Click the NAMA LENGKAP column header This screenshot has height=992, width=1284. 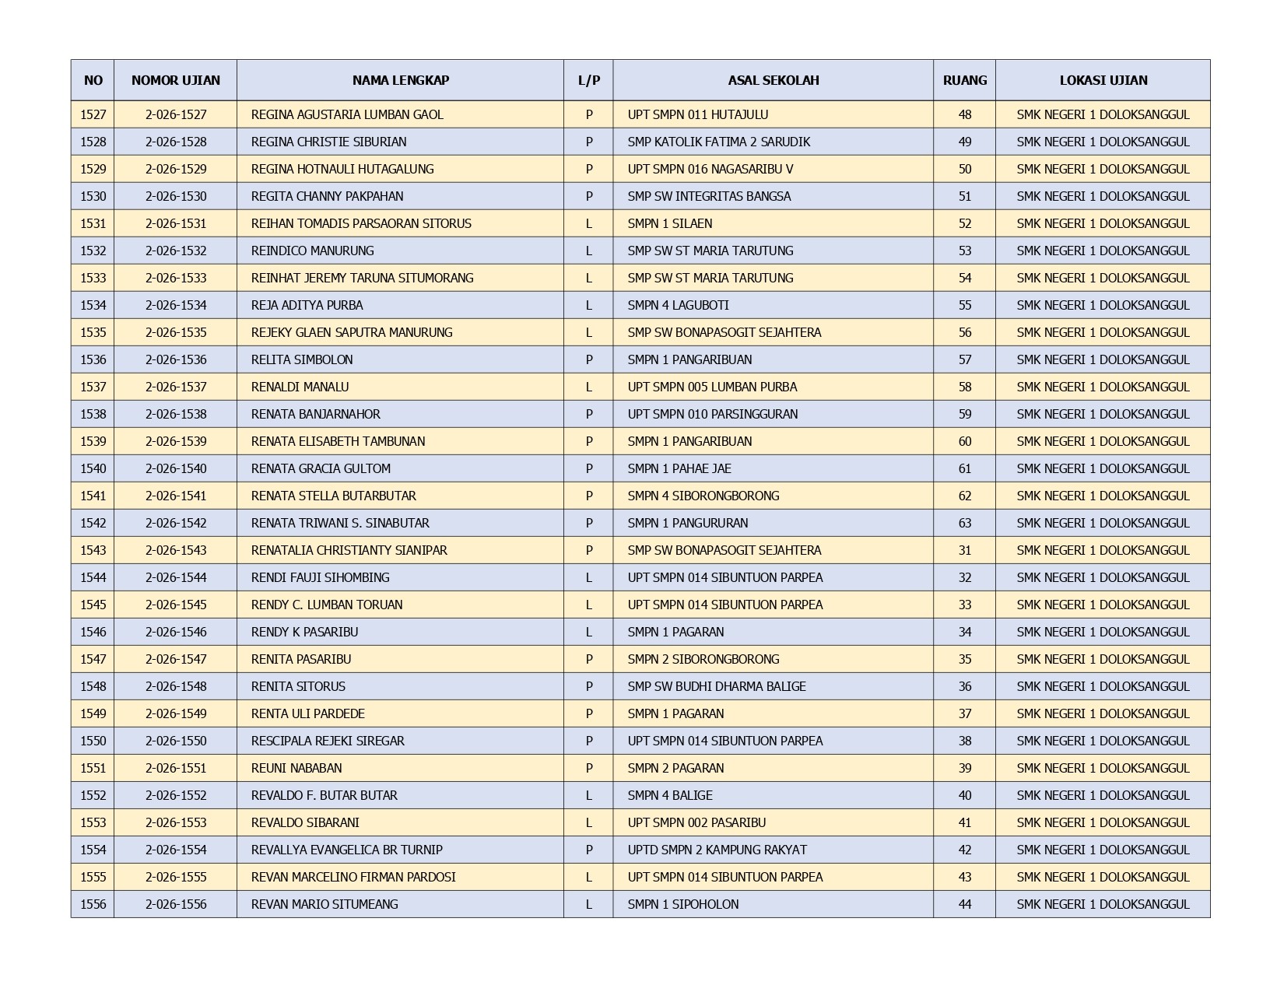click(400, 80)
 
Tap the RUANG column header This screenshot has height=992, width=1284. click(964, 80)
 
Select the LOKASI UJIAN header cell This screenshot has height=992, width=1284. click(1103, 80)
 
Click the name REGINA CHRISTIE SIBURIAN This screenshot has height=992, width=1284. click(328, 142)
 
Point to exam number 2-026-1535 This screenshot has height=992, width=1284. click(176, 332)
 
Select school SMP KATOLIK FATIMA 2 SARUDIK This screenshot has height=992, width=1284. click(718, 142)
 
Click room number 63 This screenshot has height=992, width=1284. click(965, 523)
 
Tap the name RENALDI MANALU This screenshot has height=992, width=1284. click(300, 387)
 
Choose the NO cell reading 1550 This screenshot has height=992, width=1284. click(93, 741)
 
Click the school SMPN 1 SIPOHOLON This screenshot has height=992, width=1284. click(683, 904)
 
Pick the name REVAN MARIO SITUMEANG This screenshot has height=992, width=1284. click(325, 904)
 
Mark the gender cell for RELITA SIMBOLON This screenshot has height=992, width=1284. click(588, 359)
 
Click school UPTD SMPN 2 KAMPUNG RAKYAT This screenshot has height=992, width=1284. click(717, 850)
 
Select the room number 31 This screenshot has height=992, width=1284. click(965, 550)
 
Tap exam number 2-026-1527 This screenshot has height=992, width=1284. click(176, 114)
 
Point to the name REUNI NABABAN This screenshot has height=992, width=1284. click(296, 768)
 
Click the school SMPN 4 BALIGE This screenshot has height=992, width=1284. click(670, 795)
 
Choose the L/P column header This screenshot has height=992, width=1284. click(588, 80)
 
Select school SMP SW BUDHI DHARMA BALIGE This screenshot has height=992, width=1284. click(717, 686)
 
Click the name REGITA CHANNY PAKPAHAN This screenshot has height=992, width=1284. click(327, 196)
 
